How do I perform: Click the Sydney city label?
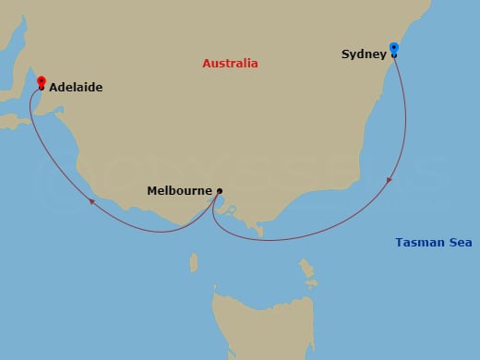pos(363,54)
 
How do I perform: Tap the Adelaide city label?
pos(76,88)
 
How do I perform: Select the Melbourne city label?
pos(179,191)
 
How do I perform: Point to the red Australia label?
pos(230,64)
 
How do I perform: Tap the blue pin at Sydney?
pos(394,48)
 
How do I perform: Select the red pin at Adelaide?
pos(41,81)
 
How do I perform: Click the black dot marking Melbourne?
pos(219,191)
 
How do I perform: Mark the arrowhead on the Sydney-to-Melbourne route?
pos(390,179)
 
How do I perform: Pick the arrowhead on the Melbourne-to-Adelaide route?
pos(91,198)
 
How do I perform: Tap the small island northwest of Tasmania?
pos(193,264)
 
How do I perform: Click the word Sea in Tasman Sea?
pos(452,243)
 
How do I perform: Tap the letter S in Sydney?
pos(345,54)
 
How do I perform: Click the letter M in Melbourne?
pos(152,191)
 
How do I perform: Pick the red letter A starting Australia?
pos(206,64)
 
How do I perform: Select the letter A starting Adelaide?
pos(53,88)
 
